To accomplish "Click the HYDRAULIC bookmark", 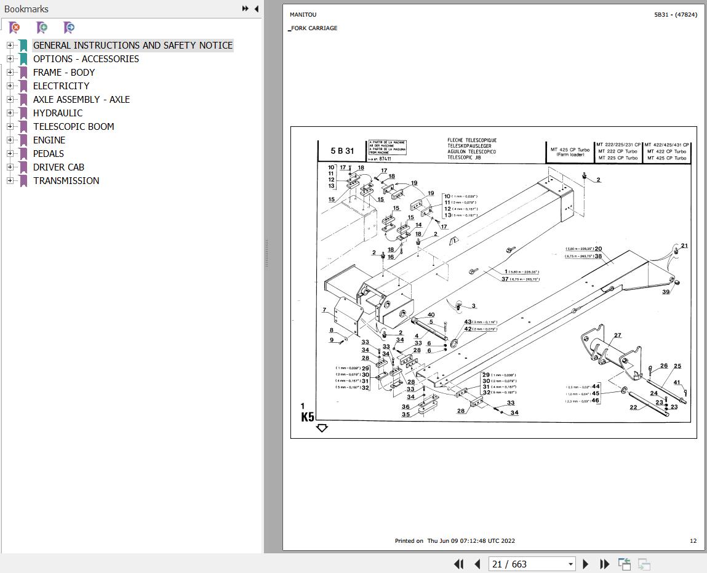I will (x=57, y=113).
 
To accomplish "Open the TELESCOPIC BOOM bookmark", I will (x=73, y=126).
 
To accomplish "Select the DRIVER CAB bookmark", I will (x=58, y=167).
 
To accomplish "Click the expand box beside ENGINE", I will (x=10, y=140).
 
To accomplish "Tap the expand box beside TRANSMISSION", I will (x=10, y=180).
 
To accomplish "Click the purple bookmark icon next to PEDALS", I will (x=23, y=153).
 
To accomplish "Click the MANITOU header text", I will (x=303, y=15).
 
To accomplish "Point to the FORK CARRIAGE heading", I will (x=314, y=28).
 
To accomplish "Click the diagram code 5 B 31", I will (x=342, y=151).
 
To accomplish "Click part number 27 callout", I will (x=617, y=335).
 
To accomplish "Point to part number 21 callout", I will (x=684, y=246).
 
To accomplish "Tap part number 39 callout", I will (x=666, y=292).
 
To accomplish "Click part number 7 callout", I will (x=324, y=310).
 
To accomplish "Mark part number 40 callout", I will (x=431, y=315).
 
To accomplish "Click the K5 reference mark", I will (x=308, y=417).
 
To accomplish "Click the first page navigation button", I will (x=458, y=564).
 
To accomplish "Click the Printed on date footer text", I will (x=455, y=541).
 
